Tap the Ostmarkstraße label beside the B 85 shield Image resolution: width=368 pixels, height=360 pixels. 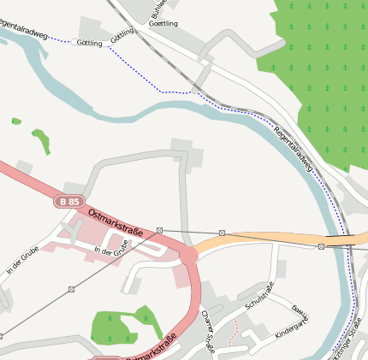coord(116,219)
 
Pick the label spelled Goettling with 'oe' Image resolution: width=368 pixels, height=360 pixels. coord(163,23)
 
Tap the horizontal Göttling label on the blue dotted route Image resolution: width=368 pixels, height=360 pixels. coord(89,43)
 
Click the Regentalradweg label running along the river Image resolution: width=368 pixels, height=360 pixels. coord(294,150)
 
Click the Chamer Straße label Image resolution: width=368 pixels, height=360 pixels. coord(209,330)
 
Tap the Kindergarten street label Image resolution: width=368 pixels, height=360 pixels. coord(290,330)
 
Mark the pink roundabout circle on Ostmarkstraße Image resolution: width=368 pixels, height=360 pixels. coord(187,255)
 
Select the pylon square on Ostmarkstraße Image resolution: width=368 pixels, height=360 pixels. coord(159,230)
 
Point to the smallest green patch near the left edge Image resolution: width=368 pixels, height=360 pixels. coord(16,121)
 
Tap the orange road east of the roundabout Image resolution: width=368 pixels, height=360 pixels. coord(257,239)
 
